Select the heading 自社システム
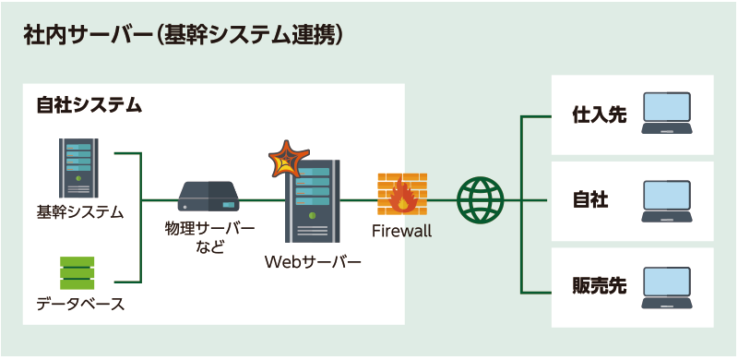point(89,105)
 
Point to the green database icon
point(77,273)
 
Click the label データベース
point(80,304)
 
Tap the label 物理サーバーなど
point(209,234)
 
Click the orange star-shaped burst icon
point(287,160)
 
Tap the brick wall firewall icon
point(402,194)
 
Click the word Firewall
point(402,231)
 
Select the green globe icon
point(481,199)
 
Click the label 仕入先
point(599,116)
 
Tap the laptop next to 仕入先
point(667,114)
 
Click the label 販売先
point(599,285)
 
